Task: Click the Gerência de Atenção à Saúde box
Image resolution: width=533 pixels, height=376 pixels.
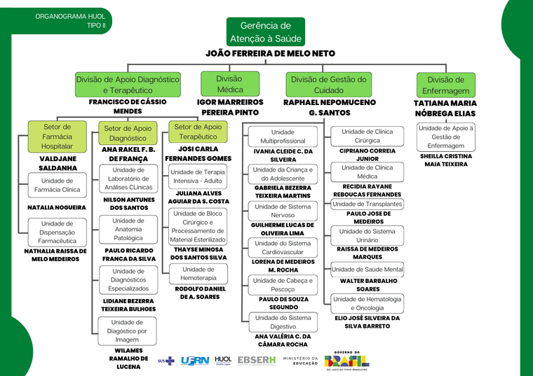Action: [266, 32]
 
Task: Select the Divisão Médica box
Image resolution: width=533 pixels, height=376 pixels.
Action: [230, 84]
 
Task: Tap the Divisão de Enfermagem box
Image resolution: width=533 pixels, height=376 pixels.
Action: [445, 85]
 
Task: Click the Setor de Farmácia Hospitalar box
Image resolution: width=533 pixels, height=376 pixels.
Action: [57, 137]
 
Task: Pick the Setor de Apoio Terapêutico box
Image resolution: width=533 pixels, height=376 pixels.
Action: [198, 132]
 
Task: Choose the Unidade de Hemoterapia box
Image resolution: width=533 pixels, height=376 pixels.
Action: [198, 274]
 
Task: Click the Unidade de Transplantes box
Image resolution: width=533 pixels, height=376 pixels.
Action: [367, 204]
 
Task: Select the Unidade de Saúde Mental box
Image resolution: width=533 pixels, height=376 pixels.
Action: [367, 270]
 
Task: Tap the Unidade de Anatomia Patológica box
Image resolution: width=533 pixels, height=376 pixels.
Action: [128, 230]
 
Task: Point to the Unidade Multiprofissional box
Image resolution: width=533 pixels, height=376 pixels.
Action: [283, 137]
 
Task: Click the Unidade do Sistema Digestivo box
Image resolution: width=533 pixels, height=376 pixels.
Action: [283, 322]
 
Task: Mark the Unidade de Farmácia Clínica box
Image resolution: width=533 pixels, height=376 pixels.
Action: [57, 186]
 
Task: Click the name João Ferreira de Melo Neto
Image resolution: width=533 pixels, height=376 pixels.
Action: [270, 53]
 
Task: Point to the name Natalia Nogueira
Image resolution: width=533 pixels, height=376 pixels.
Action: [57, 207]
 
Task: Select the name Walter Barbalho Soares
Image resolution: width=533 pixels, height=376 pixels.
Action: [368, 285]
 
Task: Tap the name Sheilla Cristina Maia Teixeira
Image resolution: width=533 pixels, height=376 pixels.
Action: [446, 160]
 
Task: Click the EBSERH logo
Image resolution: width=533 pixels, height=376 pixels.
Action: [257, 361]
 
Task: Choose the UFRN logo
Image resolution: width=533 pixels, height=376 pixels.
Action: [195, 361]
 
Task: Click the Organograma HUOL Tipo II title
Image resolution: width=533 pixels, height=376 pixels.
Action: [70, 21]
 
